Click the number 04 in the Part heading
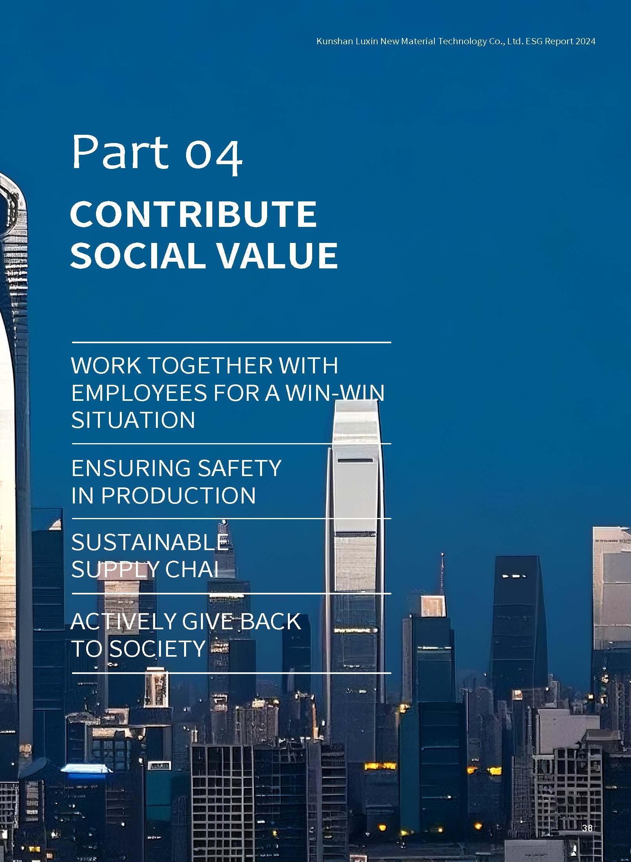point(213,155)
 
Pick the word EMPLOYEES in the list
point(139,393)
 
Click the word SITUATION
point(133,420)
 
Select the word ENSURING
point(131,468)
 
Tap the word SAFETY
point(239,468)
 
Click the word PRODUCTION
point(179,495)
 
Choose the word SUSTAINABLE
point(150,542)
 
